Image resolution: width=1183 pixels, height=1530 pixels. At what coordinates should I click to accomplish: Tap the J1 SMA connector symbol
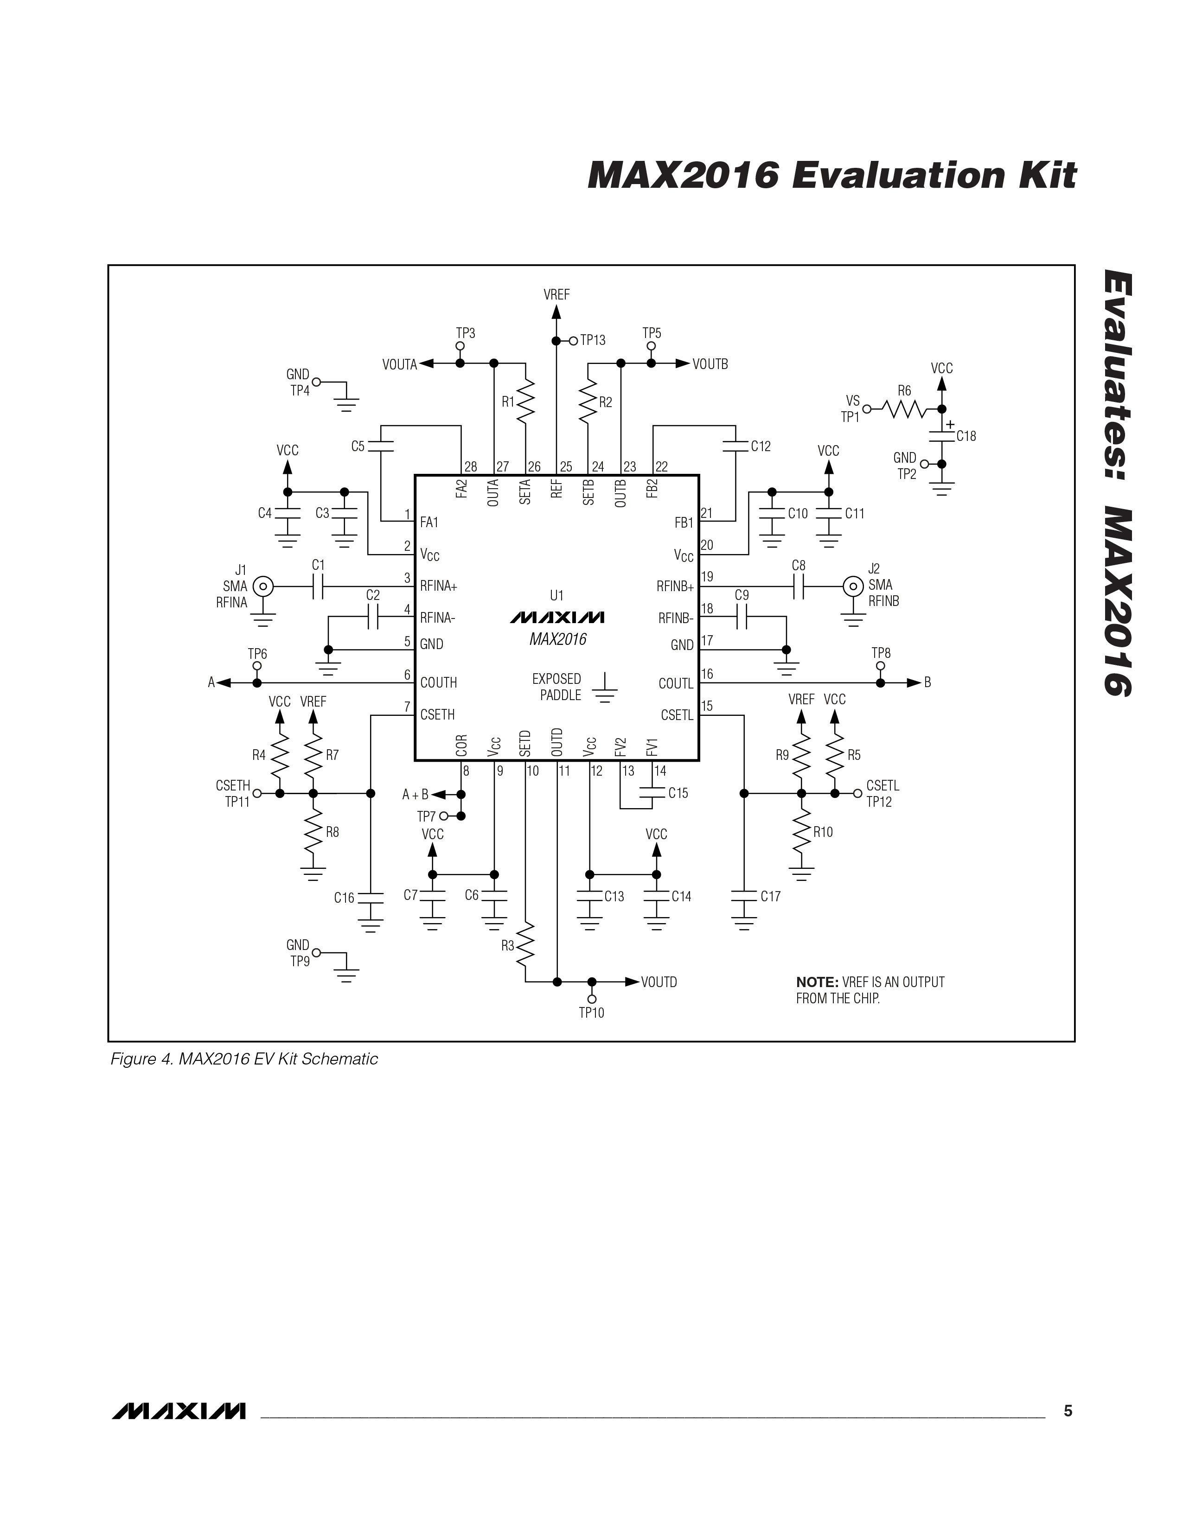pyautogui.click(x=263, y=586)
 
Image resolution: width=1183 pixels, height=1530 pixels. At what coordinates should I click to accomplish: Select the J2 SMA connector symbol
pyautogui.click(x=853, y=586)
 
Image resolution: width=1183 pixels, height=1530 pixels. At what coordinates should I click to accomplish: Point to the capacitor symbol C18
pyautogui.click(x=941, y=436)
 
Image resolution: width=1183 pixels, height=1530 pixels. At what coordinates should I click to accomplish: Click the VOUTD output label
pyautogui.click(x=659, y=982)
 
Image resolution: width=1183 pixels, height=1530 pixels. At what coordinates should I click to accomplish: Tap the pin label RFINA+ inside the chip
pyautogui.click(x=439, y=586)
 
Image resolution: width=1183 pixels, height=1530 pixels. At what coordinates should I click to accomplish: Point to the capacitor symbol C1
pyautogui.click(x=318, y=586)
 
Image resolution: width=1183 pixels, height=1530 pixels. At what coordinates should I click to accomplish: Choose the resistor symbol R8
pyautogui.click(x=313, y=832)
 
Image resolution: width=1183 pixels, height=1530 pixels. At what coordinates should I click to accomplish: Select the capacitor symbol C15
pyautogui.click(x=652, y=793)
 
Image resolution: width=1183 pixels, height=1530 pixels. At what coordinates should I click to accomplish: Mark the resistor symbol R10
pyautogui.click(x=802, y=832)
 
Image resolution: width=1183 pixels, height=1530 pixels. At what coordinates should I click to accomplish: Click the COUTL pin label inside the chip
pyautogui.click(x=676, y=683)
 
